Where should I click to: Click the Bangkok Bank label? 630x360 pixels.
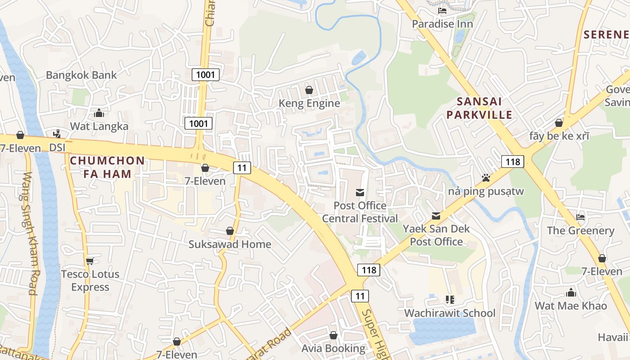click(x=81, y=75)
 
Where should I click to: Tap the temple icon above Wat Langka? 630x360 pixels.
click(x=99, y=113)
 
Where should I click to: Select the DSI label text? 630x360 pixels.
click(x=57, y=148)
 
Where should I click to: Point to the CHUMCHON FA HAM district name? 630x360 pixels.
click(x=108, y=167)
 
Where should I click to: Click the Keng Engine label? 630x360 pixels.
click(x=309, y=103)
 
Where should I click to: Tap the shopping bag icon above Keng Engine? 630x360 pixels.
click(x=309, y=90)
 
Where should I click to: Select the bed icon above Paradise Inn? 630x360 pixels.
click(x=442, y=11)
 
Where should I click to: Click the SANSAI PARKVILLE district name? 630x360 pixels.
click(x=479, y=108)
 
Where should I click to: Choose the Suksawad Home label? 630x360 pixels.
click(x=230, y=244)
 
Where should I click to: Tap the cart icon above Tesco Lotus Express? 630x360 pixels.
click(x=90, y=261)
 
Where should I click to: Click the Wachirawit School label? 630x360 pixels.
click(x=450, y=313)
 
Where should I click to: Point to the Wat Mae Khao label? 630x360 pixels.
click(x=571, y=306)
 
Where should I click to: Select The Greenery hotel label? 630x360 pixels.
click(x=580, y=230)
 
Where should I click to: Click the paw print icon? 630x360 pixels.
click(x=486, y=178)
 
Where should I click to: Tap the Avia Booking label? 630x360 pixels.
click(x=333, y=348)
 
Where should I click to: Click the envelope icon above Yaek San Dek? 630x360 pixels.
click(x=436, y=216)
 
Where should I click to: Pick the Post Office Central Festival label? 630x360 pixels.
click(x=360, y=212)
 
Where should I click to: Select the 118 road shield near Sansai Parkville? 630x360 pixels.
click(x=513, y=162)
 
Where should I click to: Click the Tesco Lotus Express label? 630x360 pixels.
click(x=90, y=280)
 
